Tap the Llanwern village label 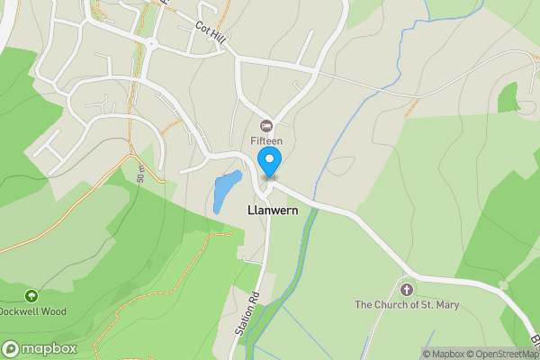coord(273,209)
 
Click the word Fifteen coord(266,141)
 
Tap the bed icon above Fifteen coord(266,125)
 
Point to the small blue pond coord(225,191)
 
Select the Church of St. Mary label coord(407,305)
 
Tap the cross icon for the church coord(406,289)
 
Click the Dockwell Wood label coord(32,311)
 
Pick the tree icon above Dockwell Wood coord(31,295)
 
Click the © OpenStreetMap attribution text coord(505,354)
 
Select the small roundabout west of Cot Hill coord(151,42)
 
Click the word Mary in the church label coord(447,305)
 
